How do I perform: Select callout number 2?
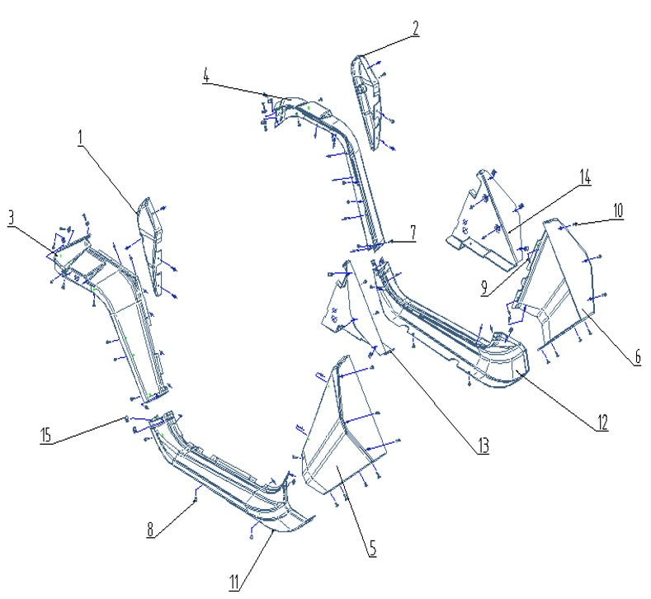coord(415,29)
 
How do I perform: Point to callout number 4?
coord(206,76)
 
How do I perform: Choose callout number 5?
coord(372,546)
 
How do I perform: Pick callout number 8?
coord(151,531)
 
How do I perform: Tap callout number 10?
coord(617,210)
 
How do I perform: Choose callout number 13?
coord(482,446)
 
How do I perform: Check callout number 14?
coord(584,177)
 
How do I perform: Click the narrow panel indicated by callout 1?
coord(150,243)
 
